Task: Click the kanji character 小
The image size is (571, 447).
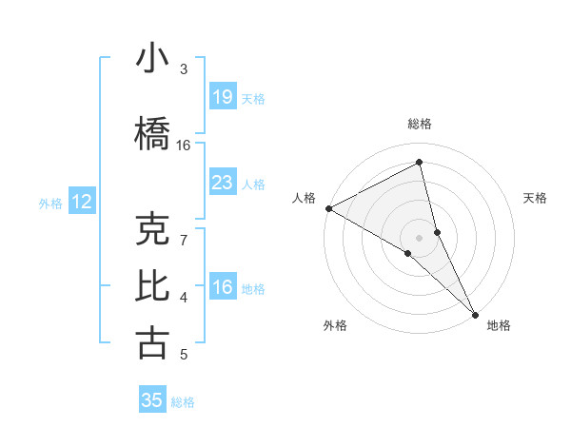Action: (x=152, y=59)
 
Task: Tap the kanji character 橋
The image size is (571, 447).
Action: (x=152, y=134)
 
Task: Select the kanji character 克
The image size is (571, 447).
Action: (x=152, y=230)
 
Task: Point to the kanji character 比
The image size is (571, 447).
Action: (x=152, y=286)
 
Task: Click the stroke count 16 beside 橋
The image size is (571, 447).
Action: (x=184, y=146)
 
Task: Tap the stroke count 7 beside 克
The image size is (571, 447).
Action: (x=184, y=240)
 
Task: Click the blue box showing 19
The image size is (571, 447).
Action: (x=222, y=97)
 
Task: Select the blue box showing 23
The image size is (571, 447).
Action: (x=222, y=183)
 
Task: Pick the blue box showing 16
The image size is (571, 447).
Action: (x=222, y=287)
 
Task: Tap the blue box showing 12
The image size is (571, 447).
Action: (x=82, y=202)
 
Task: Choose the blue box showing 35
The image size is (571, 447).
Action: (x=152, y=400)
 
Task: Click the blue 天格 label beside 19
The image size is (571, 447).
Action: (x=253, y=99)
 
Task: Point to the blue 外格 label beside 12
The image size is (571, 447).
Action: (x=50, y=203)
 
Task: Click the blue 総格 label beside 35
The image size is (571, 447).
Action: (x=183, y=402)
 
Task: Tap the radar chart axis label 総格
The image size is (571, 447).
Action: (x=420, y=124)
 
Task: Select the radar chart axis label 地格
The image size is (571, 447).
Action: (x=499, y=325)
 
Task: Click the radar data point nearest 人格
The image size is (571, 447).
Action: (x=328, y=208)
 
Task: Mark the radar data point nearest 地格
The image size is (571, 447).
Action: (x=475, y=313)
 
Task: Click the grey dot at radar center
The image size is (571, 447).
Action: (x=419, y=237)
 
